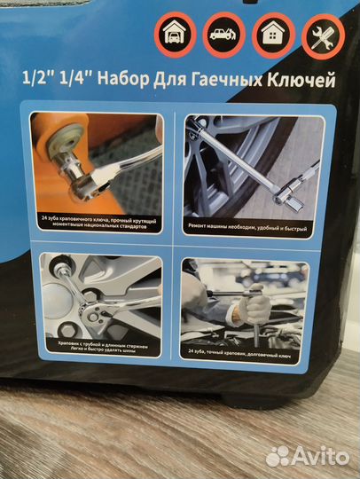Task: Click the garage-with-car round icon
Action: [172, 36]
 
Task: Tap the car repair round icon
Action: [221, 36]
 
